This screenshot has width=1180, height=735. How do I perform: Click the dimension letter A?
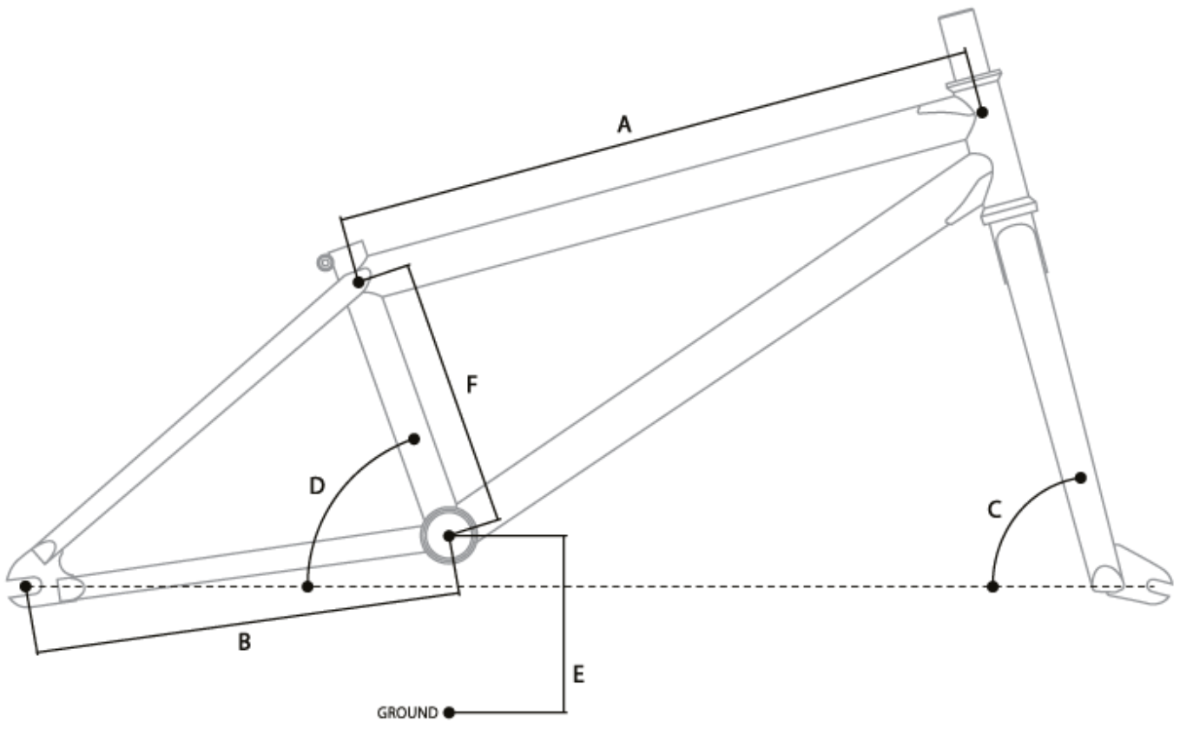[623, 125]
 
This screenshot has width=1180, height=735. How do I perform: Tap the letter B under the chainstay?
[245, 643]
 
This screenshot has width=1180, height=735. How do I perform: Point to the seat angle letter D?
[317, 485]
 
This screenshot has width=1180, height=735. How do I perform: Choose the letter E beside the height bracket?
[579, 674]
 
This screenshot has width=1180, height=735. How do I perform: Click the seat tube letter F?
[471, 385]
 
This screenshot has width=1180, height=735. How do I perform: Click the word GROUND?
[407, 713]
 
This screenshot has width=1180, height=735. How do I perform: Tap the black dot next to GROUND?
[449, 713]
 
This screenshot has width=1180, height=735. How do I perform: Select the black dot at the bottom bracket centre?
[449, 535]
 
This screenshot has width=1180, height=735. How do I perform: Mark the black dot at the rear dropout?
[26, 586]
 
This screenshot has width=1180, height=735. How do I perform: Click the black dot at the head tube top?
[982, 112]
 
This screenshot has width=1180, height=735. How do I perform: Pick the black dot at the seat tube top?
[358, 281]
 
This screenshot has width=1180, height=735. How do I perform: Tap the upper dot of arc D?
[414, 439]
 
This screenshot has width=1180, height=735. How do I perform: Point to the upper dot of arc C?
[1081, 477]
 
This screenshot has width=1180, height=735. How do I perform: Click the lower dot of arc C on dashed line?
[993, 586]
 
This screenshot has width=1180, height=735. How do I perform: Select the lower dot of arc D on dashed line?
[307, 586]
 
